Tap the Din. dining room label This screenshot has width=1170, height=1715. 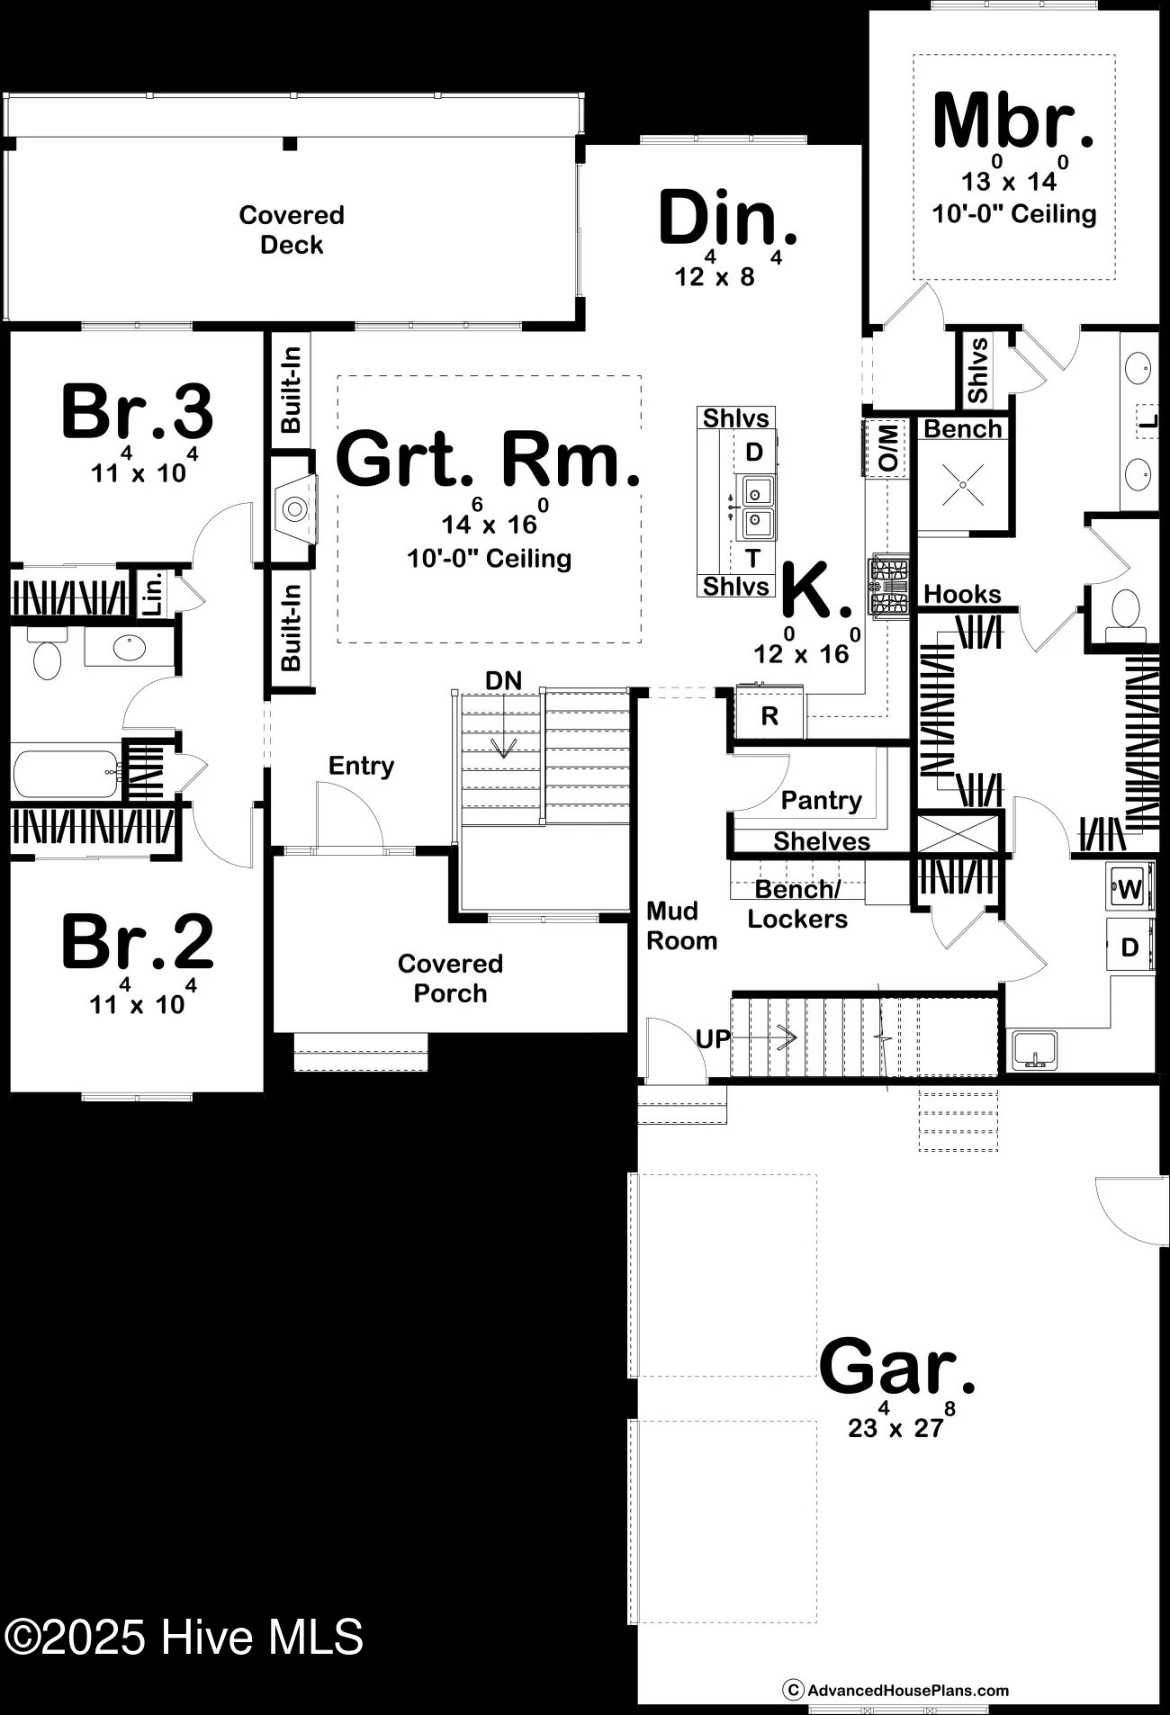[x=727, y=219]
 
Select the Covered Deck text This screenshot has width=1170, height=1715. [x=292, y=229]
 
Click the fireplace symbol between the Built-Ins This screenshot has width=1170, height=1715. [x=294, y=509]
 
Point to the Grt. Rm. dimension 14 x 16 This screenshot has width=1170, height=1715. [x=490, y=524]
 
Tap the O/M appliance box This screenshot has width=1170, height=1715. [x=886, y=447]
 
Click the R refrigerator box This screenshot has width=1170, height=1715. [x=769, y=716]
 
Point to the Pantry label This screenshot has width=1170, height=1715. [x=821, y=800]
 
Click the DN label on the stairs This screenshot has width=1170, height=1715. [x=503, y=681]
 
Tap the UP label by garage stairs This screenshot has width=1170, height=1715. [x=713, y=1039]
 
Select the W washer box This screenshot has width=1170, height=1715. [x=1129, y=890]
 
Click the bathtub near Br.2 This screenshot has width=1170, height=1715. [x=66, y=774]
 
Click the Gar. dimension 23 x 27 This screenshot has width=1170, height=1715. [x=895, y=1427]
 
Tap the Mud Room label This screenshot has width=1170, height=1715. [x=681, y=926]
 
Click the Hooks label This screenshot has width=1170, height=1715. [x=962, y=595]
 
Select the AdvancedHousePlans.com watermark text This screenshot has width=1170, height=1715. [x=907, y=1691]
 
